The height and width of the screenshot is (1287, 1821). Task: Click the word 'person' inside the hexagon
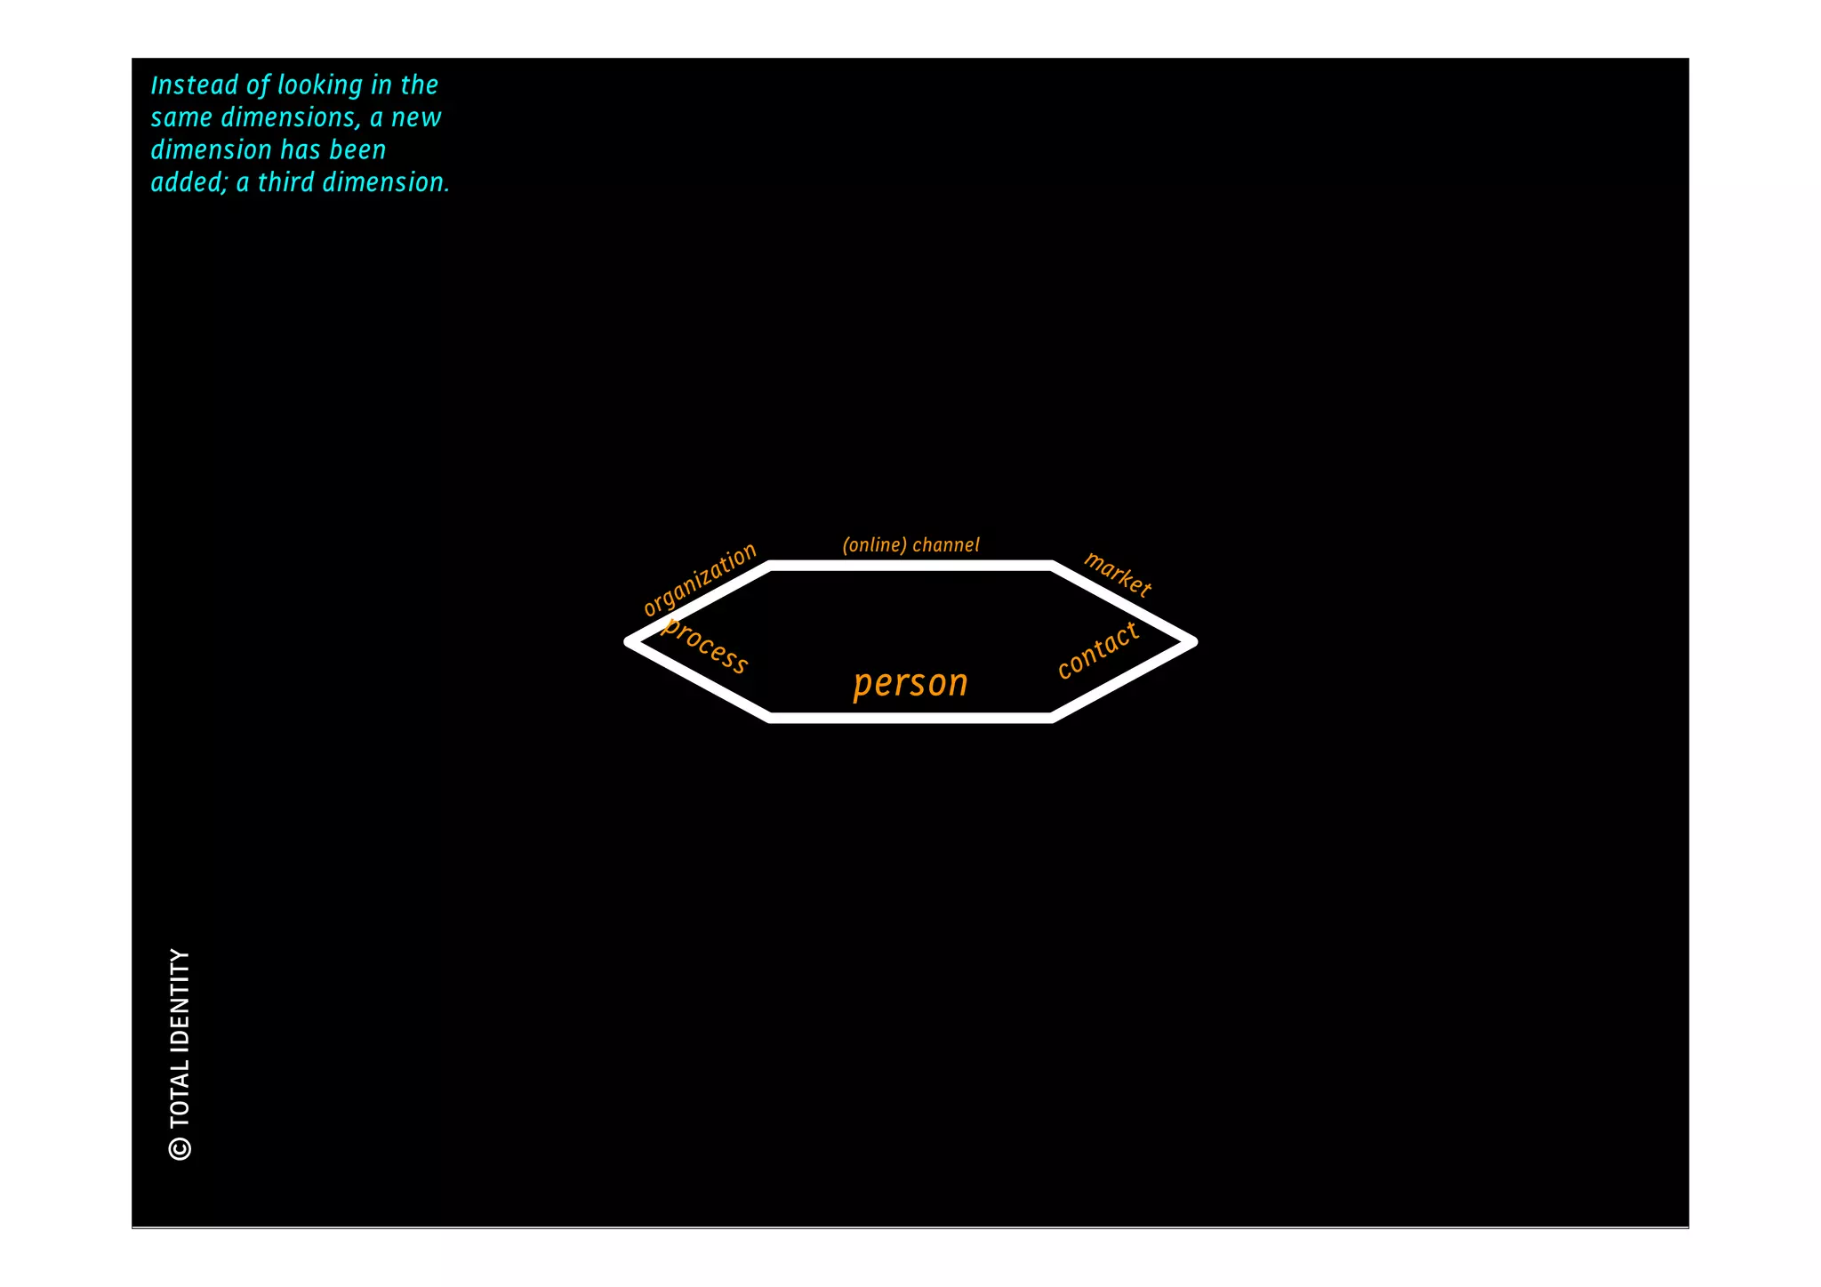coord(910,683)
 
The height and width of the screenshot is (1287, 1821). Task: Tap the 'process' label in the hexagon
coord(706,646)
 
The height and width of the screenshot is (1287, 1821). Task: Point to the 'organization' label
coord(699,579)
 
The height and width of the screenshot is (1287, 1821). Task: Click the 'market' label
coord(1118,574)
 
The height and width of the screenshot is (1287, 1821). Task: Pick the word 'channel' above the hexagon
coord(945,544)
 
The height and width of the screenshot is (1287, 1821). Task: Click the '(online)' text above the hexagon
coord(874,544)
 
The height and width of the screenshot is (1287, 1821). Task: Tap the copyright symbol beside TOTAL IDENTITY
coord(180,1148)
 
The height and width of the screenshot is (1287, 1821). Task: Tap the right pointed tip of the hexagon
coord(1191,641)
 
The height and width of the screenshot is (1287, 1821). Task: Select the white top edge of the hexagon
coord(910,566)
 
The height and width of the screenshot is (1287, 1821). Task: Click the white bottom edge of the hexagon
coord(910,718)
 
